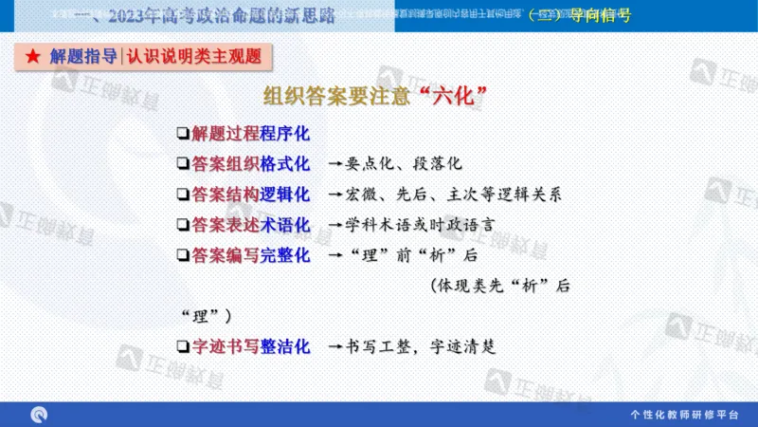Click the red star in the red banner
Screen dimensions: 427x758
coord(32,57)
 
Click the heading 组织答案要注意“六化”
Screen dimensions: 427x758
coord(375,97)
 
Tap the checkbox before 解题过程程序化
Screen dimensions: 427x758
coord(182,133)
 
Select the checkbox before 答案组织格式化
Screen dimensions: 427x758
coord(182,163)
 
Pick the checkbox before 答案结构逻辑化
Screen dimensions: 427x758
coord(182,195)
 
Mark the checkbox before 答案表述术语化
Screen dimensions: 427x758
coord(182,225)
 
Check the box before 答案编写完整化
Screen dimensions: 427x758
coord(182,255)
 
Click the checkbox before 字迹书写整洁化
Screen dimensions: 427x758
coord(182,347)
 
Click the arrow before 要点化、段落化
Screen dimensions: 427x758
coord(334,164)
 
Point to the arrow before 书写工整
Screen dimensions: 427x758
coord(334,348)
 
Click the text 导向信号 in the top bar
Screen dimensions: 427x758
coord(601,15)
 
